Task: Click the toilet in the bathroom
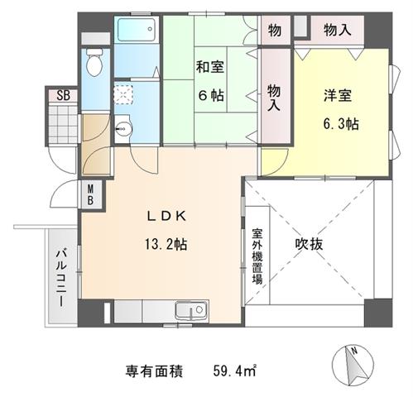[94, 62]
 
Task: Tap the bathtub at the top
[137, 30]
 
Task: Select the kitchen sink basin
[191, 311]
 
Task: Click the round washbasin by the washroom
[123, 129]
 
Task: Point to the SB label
[63, 96]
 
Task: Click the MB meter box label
[90, 195]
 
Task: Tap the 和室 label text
[210, 67]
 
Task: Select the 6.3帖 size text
[341, 123]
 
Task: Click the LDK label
[166, 217]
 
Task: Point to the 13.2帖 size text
[166, 244]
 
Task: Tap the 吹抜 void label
[309, 244]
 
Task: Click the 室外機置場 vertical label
[257, 256]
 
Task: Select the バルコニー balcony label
[61, 278]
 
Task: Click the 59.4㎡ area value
[235, 371]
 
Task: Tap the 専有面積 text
[154, 371]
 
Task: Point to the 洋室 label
[338, 96]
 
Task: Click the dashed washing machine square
[123, 94]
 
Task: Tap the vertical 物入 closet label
[274, 98]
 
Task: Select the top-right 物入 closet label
[338, 30]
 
